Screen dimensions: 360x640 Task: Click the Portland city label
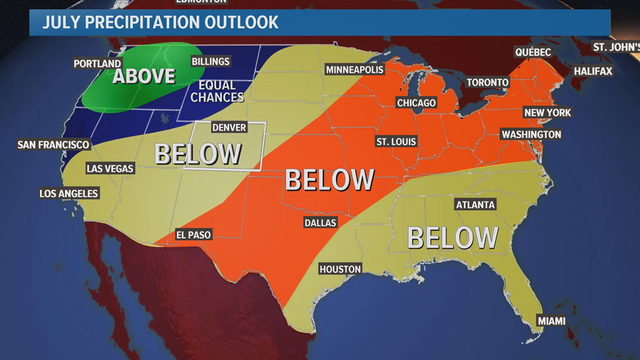coord(98,63)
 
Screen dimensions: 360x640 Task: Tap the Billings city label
coord(211,61)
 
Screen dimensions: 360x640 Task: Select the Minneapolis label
coord(355,70)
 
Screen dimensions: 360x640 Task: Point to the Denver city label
coord(229,127)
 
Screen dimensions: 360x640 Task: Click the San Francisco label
coord(53,144)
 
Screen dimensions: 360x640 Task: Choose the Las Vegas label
coord(110,168)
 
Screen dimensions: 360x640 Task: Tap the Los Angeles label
coord(68,193)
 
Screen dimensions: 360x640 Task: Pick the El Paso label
coord(193,235)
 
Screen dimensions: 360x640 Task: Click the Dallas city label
coord(320,222)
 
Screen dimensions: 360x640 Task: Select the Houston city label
coord(340,269)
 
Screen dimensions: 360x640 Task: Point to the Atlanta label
coord(476,204)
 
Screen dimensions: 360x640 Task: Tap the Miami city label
coord(551,321)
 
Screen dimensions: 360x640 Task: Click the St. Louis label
coord(396,142)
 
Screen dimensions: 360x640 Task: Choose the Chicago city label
coord(416,103)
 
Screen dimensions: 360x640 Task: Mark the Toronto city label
coord(487,82)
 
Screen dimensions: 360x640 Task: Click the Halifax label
coord(593,71)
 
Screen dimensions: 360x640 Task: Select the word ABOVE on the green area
coord(144,76)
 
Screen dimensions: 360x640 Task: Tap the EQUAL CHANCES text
coord(217,91)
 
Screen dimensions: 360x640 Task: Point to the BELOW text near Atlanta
coord(452,238)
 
